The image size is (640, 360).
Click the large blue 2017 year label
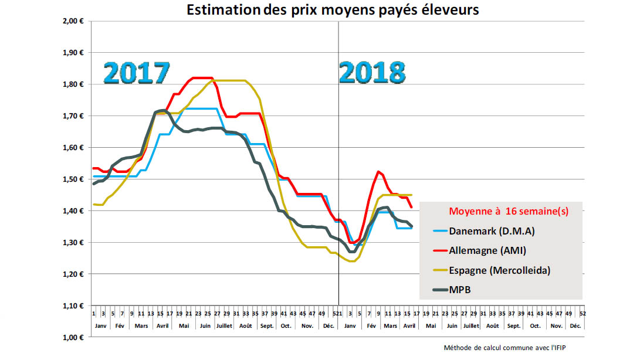137,73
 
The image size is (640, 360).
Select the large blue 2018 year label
372,73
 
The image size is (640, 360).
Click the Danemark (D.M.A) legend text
492,230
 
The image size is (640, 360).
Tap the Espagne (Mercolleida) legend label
499,270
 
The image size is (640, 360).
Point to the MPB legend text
461,290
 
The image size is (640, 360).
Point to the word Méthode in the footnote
458,348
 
